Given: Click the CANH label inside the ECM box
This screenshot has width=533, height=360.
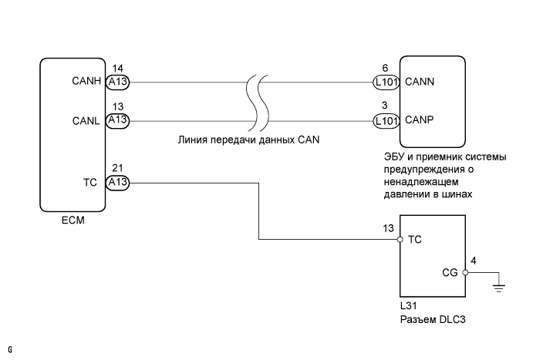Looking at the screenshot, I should click(89, 80).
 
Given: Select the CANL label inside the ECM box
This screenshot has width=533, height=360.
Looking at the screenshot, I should click(89, 120).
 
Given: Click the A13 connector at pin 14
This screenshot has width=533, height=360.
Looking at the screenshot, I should click(118, 80).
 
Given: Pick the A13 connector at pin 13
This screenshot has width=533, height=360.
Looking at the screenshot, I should click(118, 120).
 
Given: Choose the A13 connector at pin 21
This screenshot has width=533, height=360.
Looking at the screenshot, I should click(118, 183).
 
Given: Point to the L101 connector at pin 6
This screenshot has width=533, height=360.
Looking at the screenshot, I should click(385, 80).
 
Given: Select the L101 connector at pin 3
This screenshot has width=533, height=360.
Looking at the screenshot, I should click(385, 120).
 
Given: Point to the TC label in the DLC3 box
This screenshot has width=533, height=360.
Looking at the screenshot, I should click(413, 240).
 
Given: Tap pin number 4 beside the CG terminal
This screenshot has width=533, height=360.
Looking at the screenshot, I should click(474, 261).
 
